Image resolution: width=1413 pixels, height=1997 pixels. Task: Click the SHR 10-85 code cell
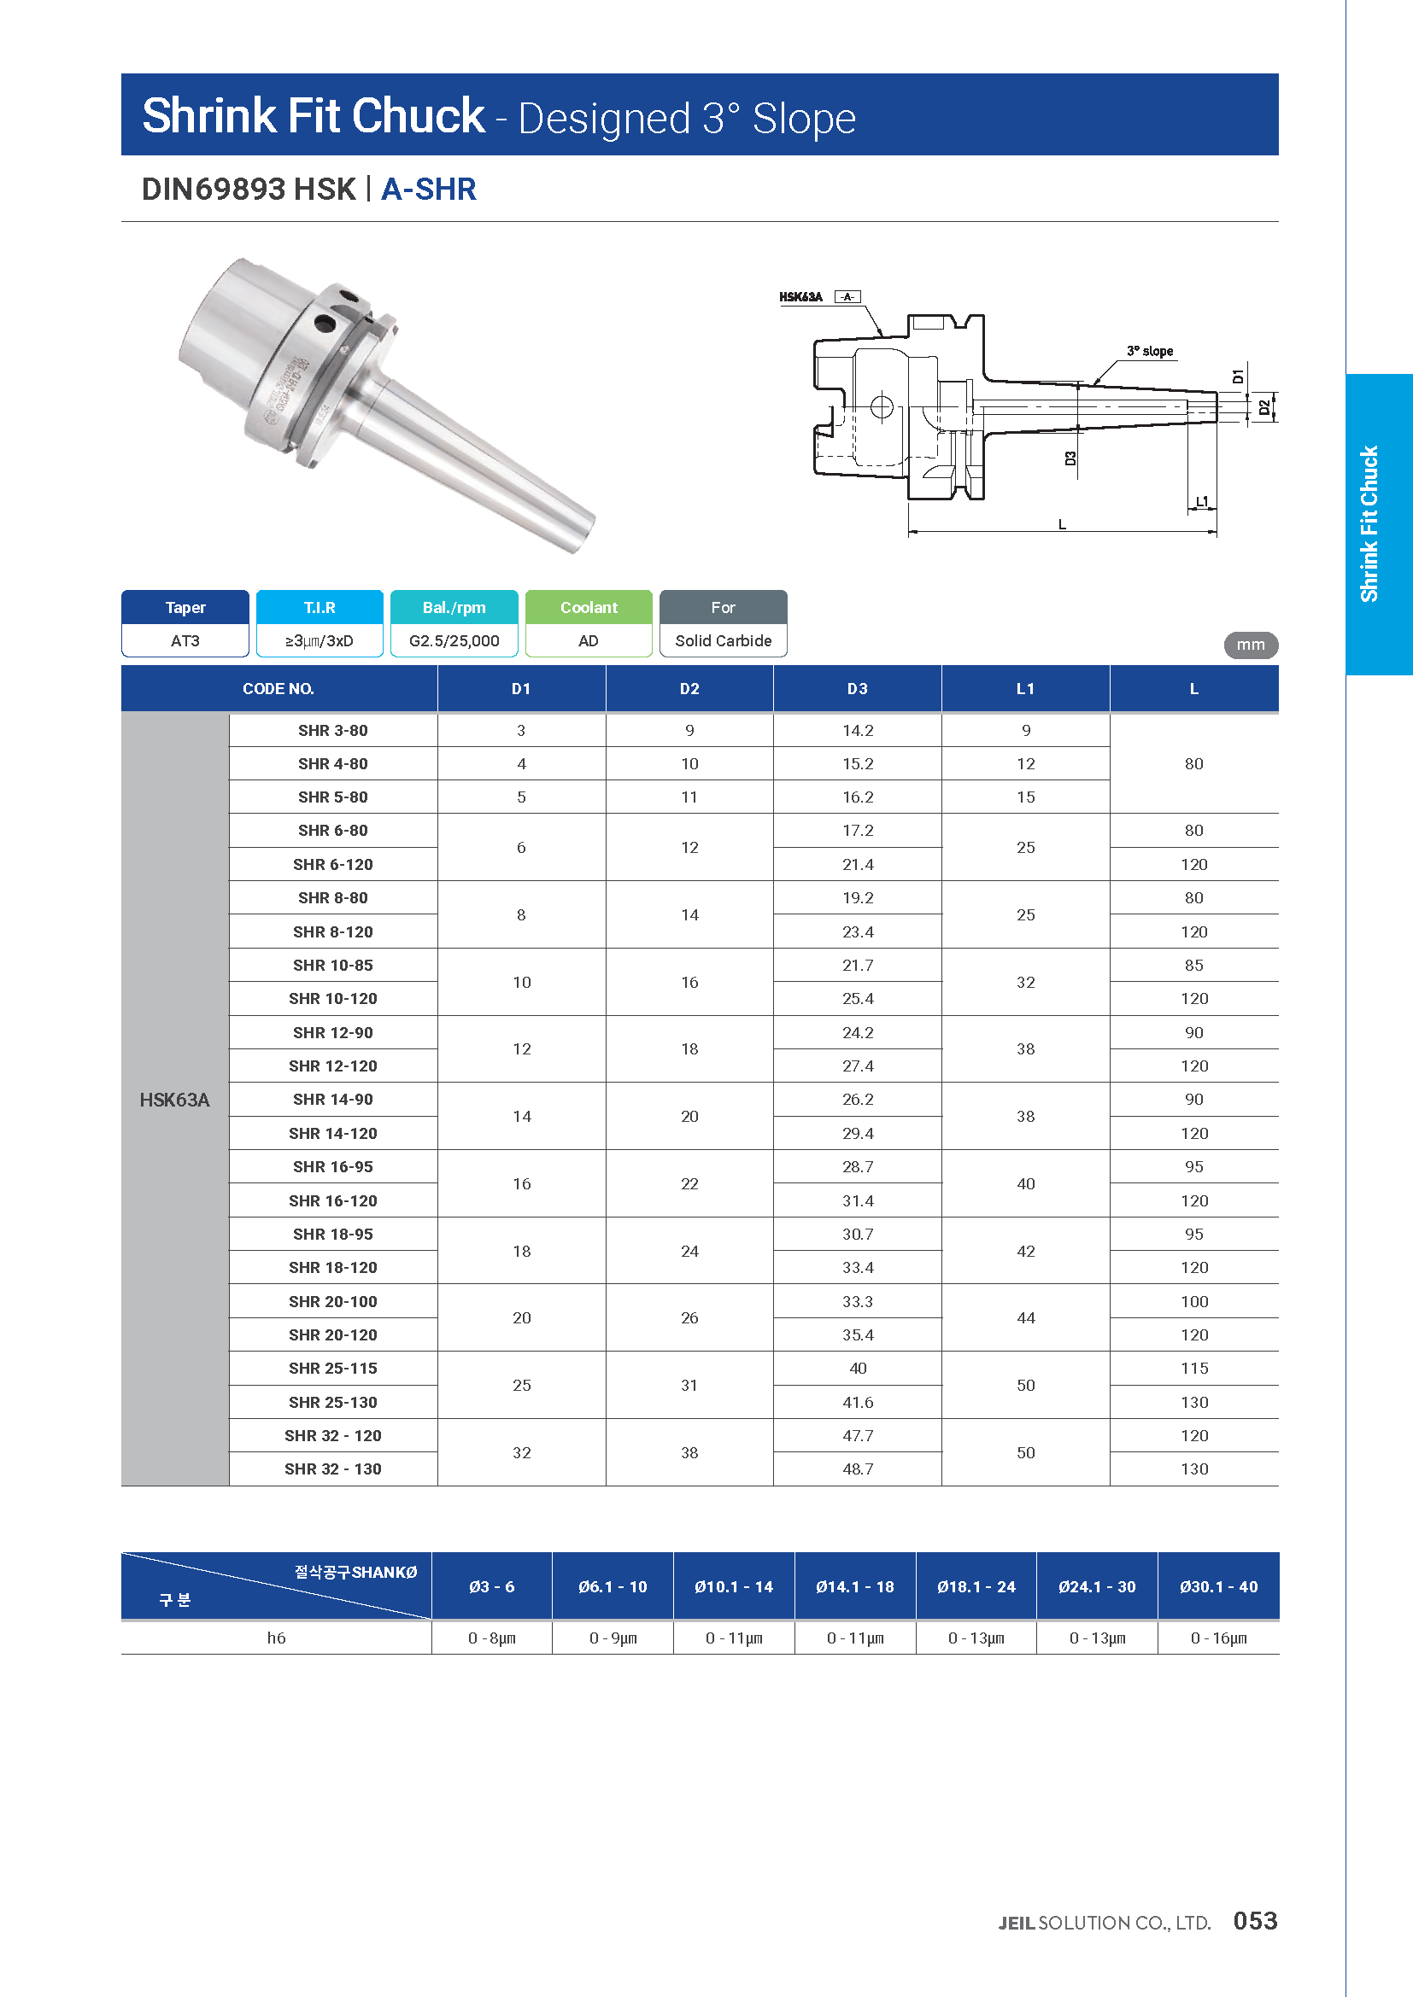332,965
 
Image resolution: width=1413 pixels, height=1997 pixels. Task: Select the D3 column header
857,689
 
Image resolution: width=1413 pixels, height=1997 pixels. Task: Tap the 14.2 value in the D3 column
857,731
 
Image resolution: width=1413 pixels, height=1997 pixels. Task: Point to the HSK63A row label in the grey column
175,1101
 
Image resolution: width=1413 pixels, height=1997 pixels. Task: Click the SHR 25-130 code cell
332,1402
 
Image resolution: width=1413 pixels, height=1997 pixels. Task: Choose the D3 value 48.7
857,1469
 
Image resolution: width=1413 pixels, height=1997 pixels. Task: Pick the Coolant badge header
588,607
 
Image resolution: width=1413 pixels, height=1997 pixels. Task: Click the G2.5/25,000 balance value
454,641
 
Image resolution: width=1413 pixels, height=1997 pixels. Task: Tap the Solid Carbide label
723,641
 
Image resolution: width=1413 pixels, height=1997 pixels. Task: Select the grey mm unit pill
1251,645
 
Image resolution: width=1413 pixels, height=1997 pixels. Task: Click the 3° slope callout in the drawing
1149,352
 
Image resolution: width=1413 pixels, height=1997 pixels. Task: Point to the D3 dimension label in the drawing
1070,458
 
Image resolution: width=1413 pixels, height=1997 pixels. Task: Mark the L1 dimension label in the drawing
1202,501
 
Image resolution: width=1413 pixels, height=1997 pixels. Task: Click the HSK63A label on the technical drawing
800,297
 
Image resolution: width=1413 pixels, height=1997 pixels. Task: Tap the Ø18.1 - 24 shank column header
976,1586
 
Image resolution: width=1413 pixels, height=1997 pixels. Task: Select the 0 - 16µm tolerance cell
1218,1638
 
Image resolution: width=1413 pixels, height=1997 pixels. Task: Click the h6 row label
276,1638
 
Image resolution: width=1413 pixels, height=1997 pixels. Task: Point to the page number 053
1255,1920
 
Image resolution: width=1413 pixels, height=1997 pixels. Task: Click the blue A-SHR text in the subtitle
428,189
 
